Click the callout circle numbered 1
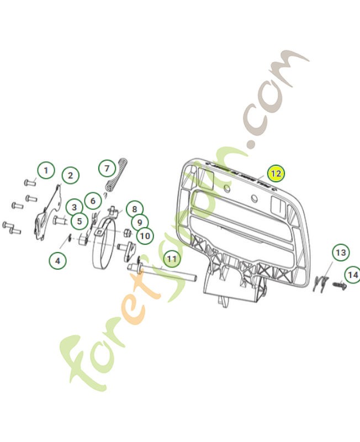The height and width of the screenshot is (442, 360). (x=46, y=170)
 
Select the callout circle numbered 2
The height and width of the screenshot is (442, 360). (x=70, y=176)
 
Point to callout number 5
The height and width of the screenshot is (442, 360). (x=80, y=222)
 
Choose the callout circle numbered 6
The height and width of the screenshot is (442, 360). (x=93, y=201)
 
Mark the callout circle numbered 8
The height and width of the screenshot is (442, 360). (x=134, y=209)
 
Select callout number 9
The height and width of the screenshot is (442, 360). (x=140, y=222)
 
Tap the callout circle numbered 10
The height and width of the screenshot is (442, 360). (x=144, y=236)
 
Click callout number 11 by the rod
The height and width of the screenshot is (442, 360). (x=172, y=258)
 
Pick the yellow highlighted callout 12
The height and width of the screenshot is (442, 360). (x=276, y=173)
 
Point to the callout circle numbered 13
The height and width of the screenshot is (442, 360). (x=341, y=252)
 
